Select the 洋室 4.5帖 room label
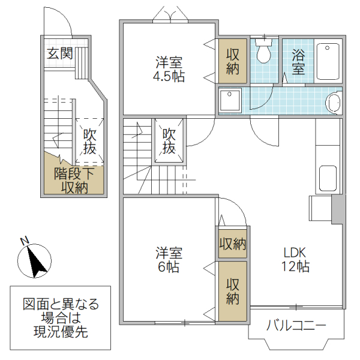(x=169, y=69)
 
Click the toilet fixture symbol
(x=262, y=53)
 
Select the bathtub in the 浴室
(x=329, y=61)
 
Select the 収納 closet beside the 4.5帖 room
(x=232, y=61)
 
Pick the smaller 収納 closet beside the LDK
(x=232, y=244)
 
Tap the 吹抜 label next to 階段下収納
(x=89, y=141)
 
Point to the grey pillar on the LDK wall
(x=338, y=209)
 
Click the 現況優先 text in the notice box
(x=61, y=332)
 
